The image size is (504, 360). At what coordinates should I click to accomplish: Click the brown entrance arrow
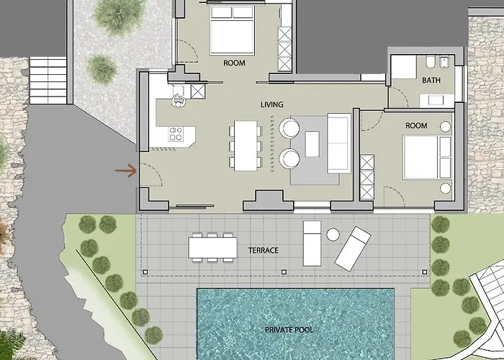(x=126, y=171)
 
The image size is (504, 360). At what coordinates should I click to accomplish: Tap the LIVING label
(x=272, y=105)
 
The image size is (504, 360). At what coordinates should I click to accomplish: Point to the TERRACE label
(x=264, y=251)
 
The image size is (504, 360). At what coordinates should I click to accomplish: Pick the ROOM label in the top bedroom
(x=234, y=63)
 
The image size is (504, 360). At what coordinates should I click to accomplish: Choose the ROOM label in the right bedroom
(x=416, y=126)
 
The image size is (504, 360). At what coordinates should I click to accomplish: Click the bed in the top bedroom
(x=230, y=32)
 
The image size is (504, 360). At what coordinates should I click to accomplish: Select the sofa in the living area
(x=338, y=143)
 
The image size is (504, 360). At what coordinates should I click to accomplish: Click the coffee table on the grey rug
(x=312, y=144)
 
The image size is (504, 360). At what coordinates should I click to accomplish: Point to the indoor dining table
(x=246, y=145)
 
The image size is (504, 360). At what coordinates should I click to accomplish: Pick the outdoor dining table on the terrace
(x=212, y=248)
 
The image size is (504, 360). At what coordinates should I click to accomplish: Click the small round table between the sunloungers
(x=333, y=234)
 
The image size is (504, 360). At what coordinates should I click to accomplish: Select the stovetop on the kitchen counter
(x=176, y=133)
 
